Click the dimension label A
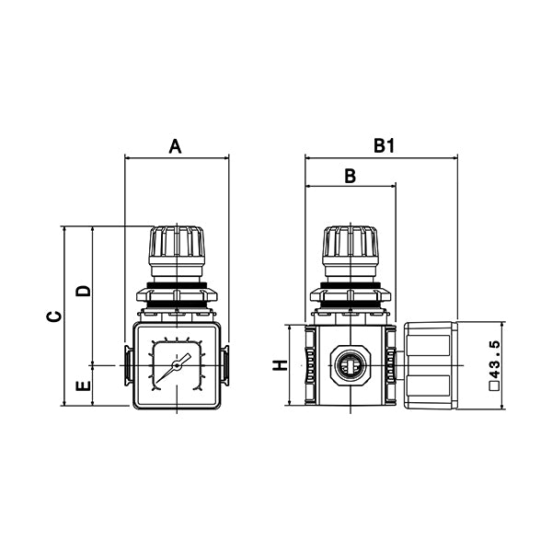tap(176, 144)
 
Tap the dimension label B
tap(350, 176)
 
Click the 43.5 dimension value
tap(494, 365)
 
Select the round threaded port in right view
tap(350, 365)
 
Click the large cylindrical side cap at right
tap(430, 365)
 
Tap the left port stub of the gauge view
tap(127, 365)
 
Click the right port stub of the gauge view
tap(225, 365)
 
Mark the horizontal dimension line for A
tap(176, 158)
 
